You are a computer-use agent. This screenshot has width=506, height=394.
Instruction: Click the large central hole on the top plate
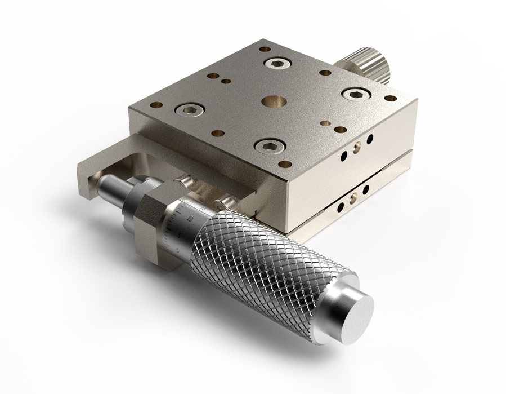coord(274,102)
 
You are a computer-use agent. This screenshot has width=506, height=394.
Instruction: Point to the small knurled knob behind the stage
coord(369,64)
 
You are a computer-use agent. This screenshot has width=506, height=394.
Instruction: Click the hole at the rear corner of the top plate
coord(263,50)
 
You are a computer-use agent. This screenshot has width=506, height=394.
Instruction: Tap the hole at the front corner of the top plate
coord(285,165)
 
